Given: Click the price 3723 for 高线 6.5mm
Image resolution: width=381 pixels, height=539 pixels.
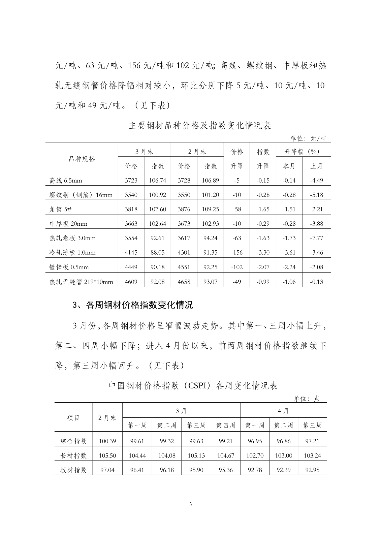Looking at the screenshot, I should pos(131,180).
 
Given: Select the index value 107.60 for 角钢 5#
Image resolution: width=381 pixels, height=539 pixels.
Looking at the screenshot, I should pos(157,209).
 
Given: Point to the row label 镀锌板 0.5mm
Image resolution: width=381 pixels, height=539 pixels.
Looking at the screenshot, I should pos(69,267).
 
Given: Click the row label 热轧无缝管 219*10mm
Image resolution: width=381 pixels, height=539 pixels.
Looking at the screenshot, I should pos(81,282).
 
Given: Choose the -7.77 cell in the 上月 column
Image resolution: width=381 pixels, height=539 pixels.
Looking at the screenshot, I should pos(316,238).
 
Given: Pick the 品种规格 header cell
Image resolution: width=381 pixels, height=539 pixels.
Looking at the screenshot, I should pos(82,159).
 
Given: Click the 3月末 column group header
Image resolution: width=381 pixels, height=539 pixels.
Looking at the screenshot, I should pos(144,152).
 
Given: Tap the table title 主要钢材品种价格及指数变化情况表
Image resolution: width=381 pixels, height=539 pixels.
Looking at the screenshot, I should pos(200,126).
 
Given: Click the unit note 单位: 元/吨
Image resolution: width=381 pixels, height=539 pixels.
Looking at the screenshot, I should pos(308,138).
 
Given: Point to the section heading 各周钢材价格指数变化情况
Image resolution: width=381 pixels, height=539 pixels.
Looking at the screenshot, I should pos(133,305).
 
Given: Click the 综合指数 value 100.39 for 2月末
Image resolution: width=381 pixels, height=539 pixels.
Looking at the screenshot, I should pos(107,441).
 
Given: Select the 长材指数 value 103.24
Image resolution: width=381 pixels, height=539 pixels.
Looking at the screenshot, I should pos(312,455).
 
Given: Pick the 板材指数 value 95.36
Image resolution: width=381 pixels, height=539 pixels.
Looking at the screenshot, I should pos(225,470).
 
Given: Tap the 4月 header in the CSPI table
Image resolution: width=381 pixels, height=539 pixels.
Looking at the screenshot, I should pos(283,411).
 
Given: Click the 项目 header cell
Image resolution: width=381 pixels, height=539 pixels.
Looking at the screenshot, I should pos(73,418).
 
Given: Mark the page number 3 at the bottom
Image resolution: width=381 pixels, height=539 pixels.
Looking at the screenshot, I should pos(191,504).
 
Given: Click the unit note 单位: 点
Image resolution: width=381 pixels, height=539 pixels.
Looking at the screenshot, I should pos(306,399).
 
